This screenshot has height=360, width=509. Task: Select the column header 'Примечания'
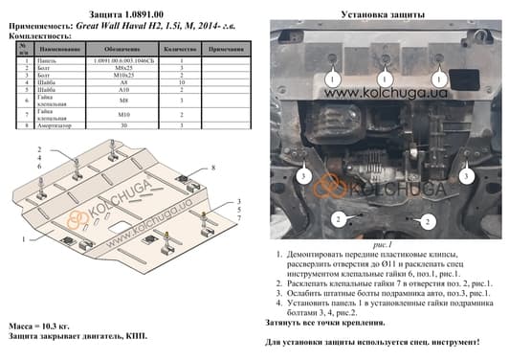225,48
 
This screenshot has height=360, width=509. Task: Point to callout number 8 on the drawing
212,168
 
